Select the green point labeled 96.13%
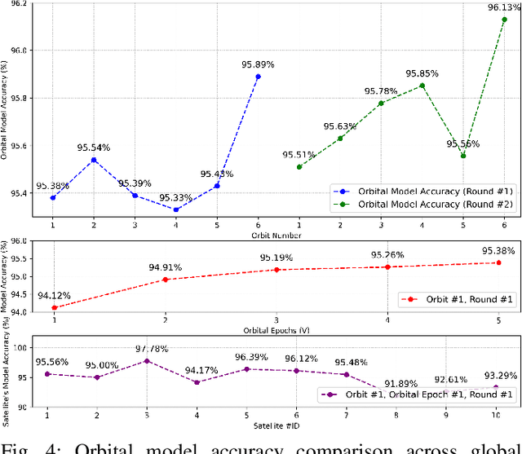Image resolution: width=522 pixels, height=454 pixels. tap(504, 19)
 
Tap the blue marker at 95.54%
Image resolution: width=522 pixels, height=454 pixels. tap(94, 160)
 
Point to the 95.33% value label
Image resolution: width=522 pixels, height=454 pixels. tap(175, 198)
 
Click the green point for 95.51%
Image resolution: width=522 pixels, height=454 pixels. tap(299, 167)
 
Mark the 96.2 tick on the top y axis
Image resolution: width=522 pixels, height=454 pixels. tap(17, 4)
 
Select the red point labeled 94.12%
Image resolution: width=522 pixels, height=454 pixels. tap(53, 307)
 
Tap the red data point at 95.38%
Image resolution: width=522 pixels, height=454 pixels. tap(498, 262)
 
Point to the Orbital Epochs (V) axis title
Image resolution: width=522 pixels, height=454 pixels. tap(277, 329)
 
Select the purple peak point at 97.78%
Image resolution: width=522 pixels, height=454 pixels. tap(147, 360)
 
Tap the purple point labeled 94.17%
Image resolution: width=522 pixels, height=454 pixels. tap(197, 382)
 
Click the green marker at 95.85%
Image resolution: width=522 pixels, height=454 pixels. tap(422, 86)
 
